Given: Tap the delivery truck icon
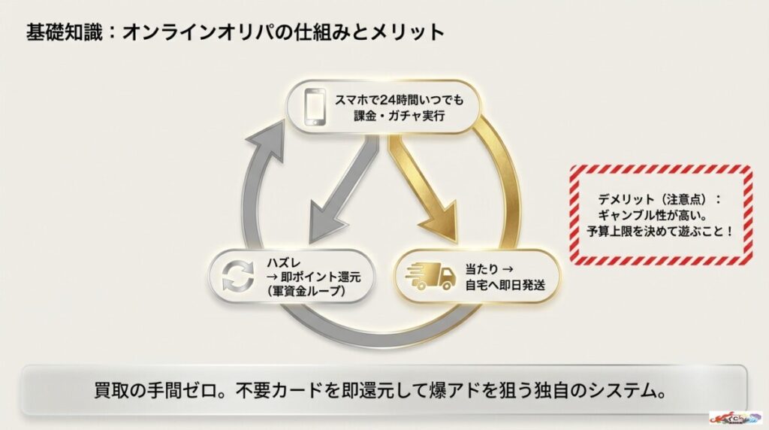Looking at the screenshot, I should click(430, 276).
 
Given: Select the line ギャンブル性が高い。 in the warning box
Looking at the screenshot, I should click(660, 214).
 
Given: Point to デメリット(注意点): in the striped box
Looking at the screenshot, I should click(659, 198).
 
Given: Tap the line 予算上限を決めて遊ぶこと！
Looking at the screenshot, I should click(660, 230).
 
